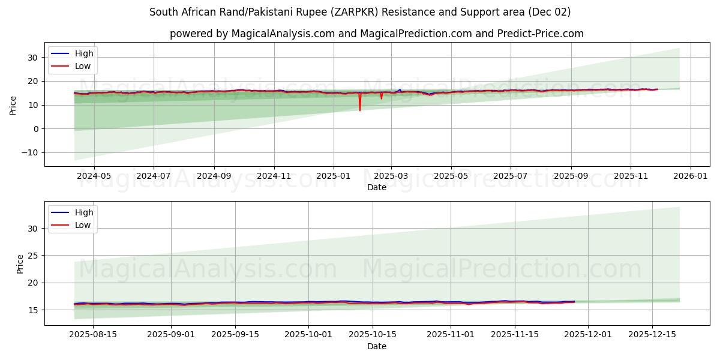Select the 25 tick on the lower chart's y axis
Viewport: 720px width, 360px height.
point(34,256)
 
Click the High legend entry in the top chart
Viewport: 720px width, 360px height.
point(83,53)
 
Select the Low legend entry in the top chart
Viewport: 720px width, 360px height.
point(83,66)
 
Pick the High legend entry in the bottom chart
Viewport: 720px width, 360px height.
point(83,212)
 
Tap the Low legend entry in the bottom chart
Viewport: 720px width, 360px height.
point(83,225)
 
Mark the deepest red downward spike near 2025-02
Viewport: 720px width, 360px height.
point(360,110)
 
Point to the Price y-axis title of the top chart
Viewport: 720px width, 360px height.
point(13,105)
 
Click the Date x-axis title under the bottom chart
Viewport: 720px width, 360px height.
point(377,346)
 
